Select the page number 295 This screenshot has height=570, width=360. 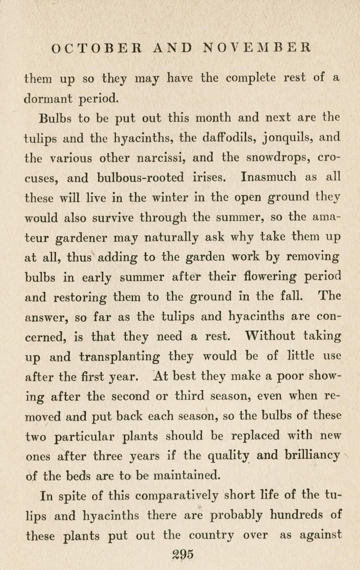coord(183,554)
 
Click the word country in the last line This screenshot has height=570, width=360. coord(211,535)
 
